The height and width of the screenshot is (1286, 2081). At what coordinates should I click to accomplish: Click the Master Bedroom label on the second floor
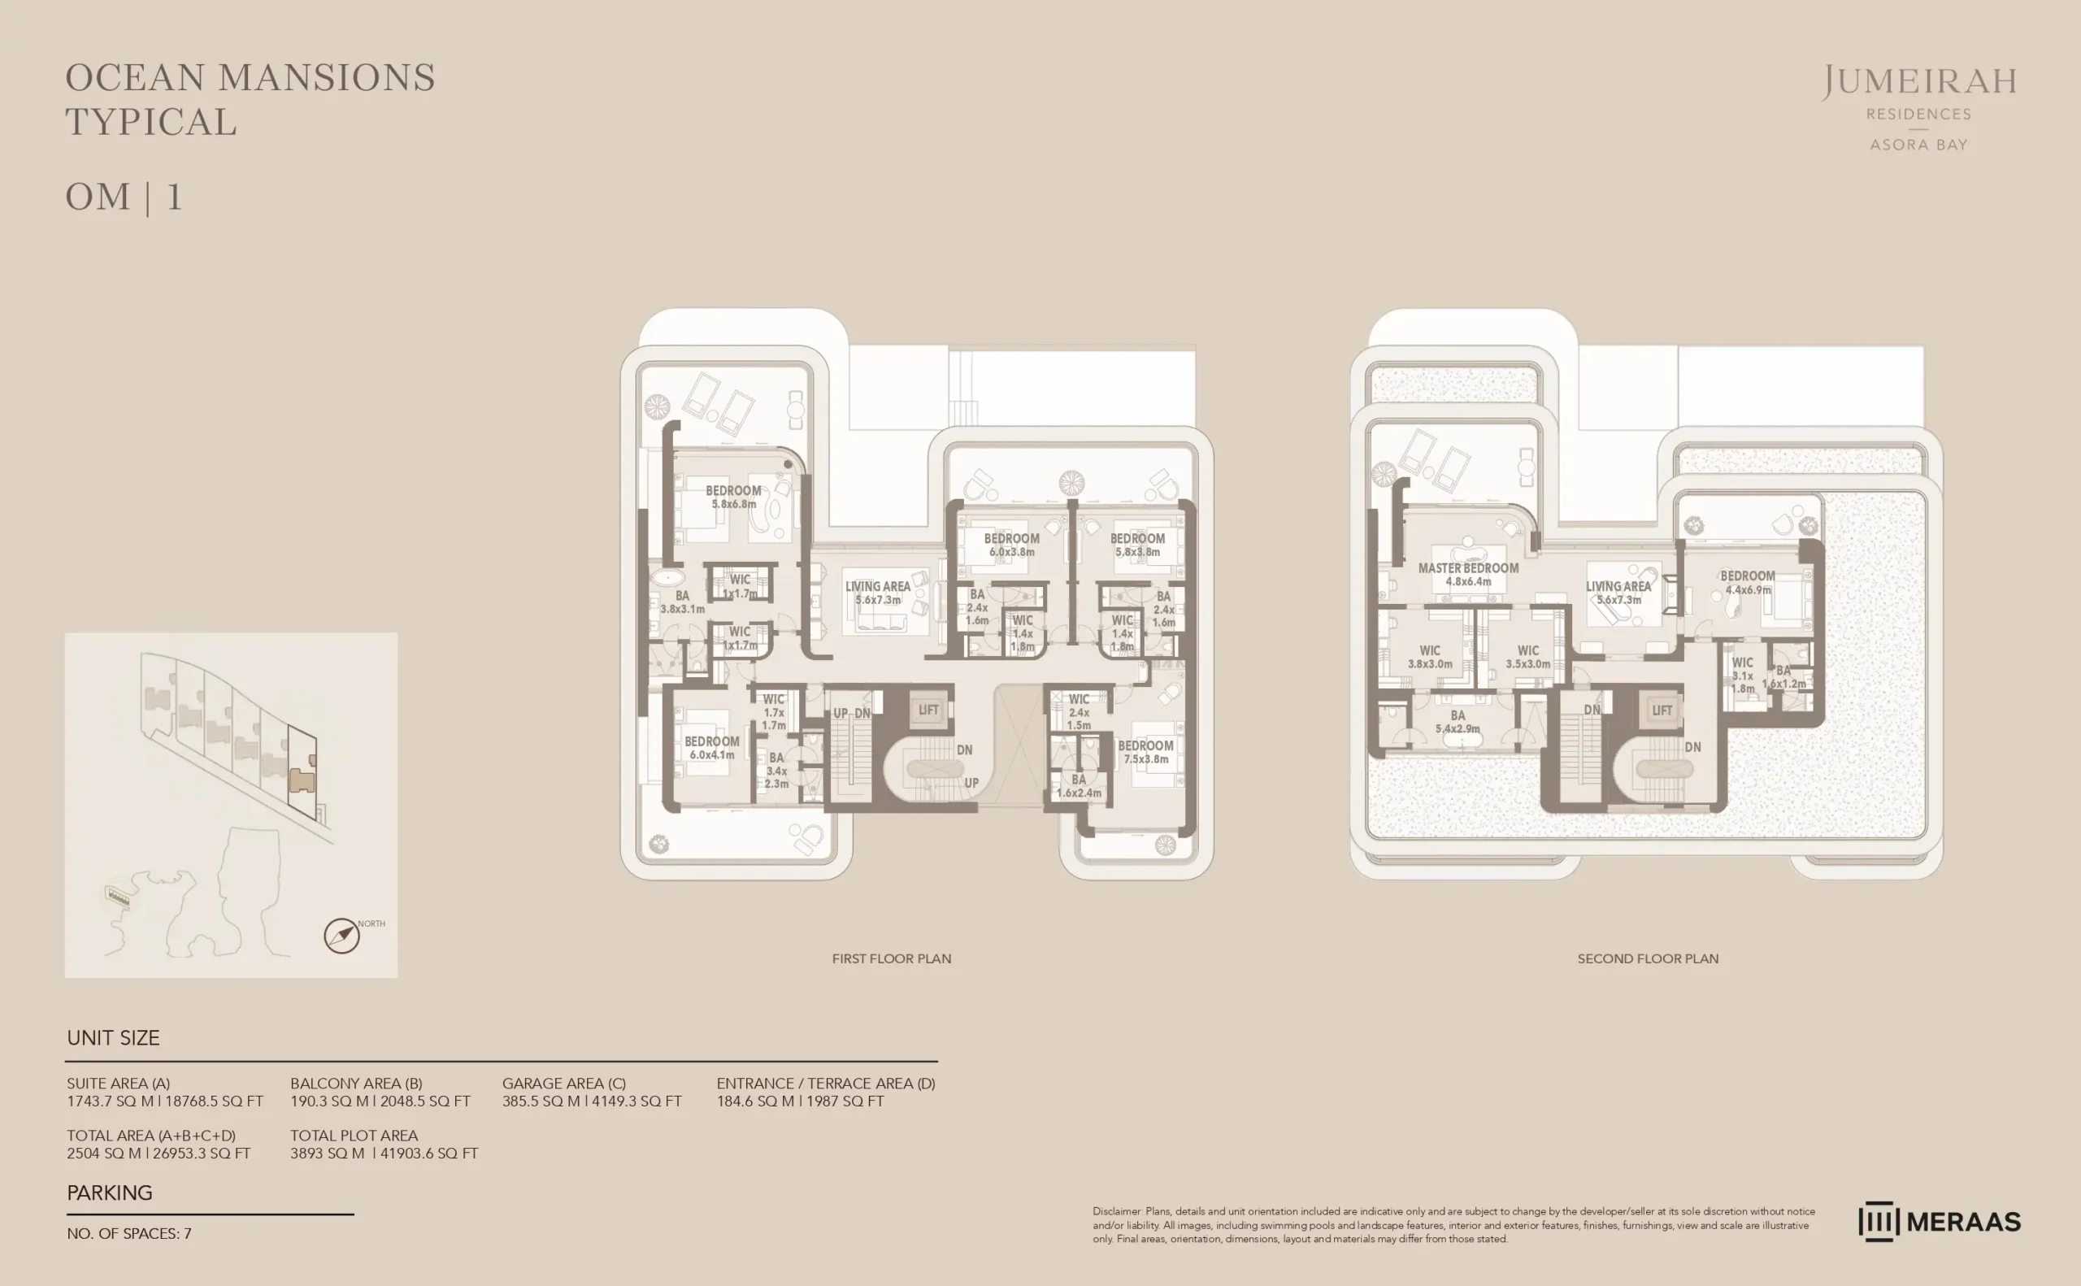(x=1468, y=574)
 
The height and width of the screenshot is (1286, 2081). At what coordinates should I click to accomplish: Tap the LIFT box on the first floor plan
(x=928, y=710)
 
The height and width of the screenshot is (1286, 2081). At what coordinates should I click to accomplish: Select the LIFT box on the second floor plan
(x=1662, y=710)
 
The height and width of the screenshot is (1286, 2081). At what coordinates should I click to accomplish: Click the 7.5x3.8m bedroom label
(x=1145, y=752)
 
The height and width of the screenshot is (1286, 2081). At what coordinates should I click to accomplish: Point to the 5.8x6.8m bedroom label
(x=733, y=497)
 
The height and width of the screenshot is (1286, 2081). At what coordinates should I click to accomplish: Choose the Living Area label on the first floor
(x=878, y=592)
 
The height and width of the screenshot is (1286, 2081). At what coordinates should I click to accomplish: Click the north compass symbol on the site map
(x=342, y=936)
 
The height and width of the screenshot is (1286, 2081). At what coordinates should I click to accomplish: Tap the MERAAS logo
(x=1939, y=1221)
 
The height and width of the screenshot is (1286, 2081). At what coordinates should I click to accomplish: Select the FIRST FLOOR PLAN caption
(x=891, y=958)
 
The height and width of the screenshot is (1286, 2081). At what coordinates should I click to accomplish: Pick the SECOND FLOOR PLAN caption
(x=1647, y=958)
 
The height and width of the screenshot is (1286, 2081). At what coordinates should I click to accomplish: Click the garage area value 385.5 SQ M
(x=591, y=1101)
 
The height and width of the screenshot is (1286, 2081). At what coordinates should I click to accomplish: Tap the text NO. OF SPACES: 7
(x=129, y=1233)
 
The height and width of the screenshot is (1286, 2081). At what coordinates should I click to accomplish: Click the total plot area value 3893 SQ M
(x=384, y=1153)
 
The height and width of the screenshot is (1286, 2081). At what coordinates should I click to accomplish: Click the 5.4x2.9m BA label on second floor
(x=1458, y=721)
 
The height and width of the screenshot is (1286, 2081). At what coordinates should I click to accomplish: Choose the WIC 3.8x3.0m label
(x=1430, y=657)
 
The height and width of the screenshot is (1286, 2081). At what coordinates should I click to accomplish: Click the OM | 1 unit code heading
(x=124, y=198)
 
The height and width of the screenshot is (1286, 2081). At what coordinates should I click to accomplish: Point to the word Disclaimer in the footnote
(x=1118, y=1211)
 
